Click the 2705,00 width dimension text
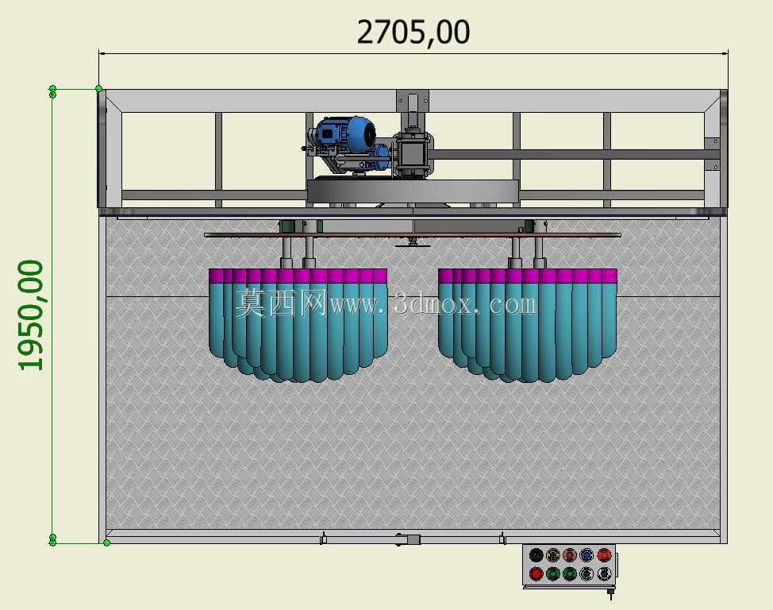click(x=413, y=33)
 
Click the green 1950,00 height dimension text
click(x=31, y=315)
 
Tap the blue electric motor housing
click(x=345, y=135)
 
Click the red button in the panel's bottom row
click(x=536, y=574)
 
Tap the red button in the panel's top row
click(x=604, y=555)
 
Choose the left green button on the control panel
click(x=553, y=574)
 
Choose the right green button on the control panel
click(x=570, y=574)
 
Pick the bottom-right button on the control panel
click(x=604, y=574)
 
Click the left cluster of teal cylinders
click(x=298, y=326)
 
